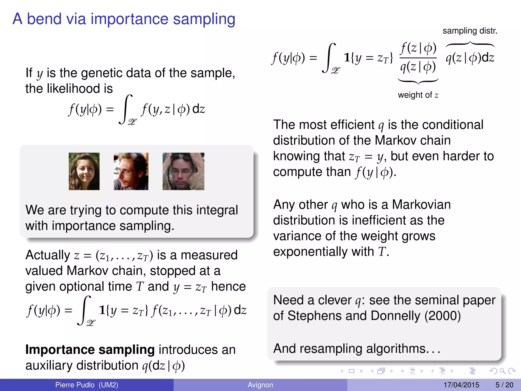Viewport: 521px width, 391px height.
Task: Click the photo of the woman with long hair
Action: coord(84,171)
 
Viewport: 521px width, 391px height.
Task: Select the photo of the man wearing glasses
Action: coord(131,171)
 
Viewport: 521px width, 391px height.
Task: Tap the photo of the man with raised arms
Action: coord(183,171)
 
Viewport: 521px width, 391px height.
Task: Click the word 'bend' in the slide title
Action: coord(44,19)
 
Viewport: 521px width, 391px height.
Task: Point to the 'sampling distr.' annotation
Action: coord(470,31)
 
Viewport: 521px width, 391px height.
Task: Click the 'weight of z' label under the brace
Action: coord(418,95)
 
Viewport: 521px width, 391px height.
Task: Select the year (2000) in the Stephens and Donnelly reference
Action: coord(442,316)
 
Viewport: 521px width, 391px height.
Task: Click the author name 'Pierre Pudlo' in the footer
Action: coord(75,385)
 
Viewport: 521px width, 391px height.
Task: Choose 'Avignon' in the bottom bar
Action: coord(260,385)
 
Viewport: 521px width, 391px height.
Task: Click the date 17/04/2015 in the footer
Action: coord(461,385)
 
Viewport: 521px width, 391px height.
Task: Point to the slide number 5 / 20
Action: coord(504,385)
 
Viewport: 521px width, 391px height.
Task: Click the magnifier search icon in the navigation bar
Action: coord(502,371)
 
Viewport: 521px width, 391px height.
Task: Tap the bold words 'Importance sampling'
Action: coord(90,350)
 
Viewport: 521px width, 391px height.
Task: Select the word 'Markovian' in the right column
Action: coord(421,205)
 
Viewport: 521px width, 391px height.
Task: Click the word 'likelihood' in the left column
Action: coord(69,89)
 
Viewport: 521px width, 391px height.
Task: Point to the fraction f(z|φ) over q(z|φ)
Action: coord(418,58)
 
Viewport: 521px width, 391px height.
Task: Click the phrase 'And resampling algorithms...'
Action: coord(356,349)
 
